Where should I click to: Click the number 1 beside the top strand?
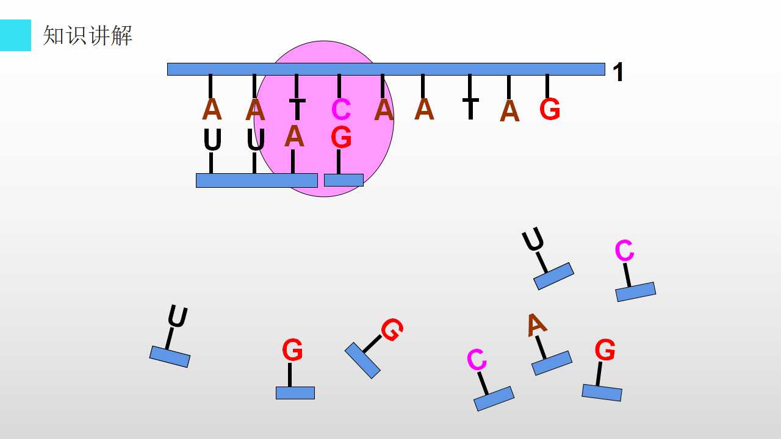click(x=618, y=72)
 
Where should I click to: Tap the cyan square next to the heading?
click(x=15, y=35)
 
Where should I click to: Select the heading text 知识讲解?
click(x=87, y=35)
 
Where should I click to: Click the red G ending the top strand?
click(x=550, y=109)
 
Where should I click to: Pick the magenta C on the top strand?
click(x=341, y=109)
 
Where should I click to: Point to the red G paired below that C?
click(x=341, y=137)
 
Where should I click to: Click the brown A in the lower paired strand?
click(x=294, y=136)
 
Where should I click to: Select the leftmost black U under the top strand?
click(x=212, y=140)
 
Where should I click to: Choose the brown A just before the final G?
click(x=509, y=111)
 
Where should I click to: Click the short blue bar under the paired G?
click(x=344, y=180)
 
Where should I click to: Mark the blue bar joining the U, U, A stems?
click(x=257, y=180)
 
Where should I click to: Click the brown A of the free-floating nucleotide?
click(x=536, y=325)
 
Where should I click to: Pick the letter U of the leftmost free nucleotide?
click(x=178, y=316)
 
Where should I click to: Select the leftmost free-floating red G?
click(x=292, y=349)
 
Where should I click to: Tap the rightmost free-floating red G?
click(x=605, y=349)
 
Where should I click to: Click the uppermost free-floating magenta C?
click(x=624, y=250)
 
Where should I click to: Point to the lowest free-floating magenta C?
click(x=477, y=359)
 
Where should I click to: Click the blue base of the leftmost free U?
click(x=170, y=357)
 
